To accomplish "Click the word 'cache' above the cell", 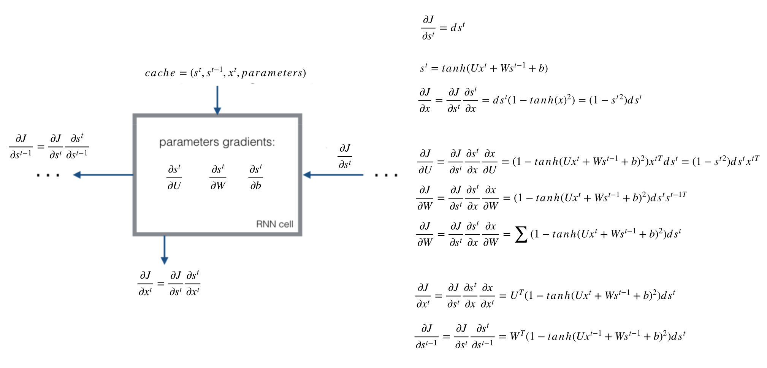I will pos(160,73).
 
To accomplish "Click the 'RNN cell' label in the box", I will pos(274,224).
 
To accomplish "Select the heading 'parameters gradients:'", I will pos(217,142).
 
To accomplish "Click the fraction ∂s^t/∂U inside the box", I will pos(174,177).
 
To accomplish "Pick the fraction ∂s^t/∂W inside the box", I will pos(218,177).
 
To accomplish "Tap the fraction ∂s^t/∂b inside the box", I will pos(256,177).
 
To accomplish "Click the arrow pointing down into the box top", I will pos(217,100).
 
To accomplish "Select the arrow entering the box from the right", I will pos(333,175).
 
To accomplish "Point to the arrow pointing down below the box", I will pos(164,250).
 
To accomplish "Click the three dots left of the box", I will pos(48,175).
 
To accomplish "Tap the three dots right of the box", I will pos(386,175).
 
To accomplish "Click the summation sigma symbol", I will pos(521,234).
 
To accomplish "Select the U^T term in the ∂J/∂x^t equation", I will pos(517,295).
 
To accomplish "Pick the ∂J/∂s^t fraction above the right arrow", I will pos(345,156).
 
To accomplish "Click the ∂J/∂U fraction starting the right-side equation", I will pos(425,162).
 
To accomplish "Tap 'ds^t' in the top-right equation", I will pos(457,28).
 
